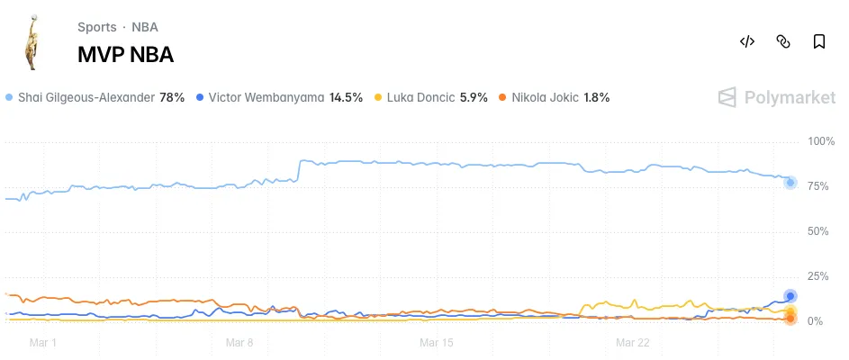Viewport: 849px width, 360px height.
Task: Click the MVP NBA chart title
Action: click(x=125, y=55)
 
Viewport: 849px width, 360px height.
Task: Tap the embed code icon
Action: click(x=746, y=41)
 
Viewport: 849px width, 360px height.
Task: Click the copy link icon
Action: click(x=783, y=41)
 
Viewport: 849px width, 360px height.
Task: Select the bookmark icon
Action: click(x=819, y=41)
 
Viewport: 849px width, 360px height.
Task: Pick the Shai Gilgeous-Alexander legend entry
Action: click(x=95, y=97)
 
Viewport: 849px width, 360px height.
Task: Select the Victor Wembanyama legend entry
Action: click(x=279, y=97)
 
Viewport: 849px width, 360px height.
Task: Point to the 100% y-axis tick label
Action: click(x=821, y=141)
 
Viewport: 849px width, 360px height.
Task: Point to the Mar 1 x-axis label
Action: click(x=42, y=343)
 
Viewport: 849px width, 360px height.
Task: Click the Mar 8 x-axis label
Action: click(x=239, y=343)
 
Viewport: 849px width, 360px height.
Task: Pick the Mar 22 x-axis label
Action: click(x=632, y=343)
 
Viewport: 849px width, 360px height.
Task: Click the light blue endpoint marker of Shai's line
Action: click(x=790, y=183)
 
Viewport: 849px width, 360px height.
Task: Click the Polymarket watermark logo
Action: click(x=776, y=97)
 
